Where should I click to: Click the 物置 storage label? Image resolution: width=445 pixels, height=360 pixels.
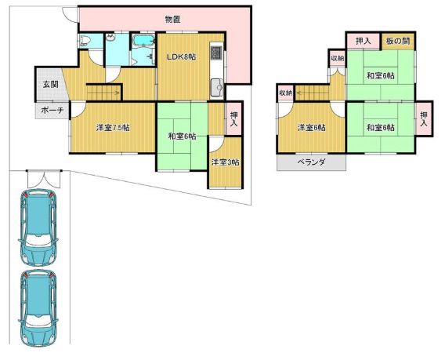(x=173, y=20)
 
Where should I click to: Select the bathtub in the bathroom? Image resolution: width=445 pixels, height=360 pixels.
(x=143, y=40)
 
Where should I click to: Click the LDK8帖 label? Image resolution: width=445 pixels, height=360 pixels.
(x=181, y=56)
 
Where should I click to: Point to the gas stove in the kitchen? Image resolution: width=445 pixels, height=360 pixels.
(x=217, y=53)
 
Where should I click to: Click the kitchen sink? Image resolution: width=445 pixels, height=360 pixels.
(x=218, y=88)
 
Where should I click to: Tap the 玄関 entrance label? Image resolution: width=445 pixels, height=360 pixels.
(x=50, y=85)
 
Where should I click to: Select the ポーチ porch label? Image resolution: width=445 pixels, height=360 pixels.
(x=52, y=111)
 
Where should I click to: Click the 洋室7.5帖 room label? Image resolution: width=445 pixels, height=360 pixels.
(x=113, y=128)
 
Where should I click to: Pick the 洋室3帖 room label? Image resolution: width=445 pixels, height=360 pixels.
(x=225, y=162)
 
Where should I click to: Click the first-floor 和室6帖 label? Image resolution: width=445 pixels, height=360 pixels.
(x=182, y=136)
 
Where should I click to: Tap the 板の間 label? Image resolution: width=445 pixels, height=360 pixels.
(x=398, y=42)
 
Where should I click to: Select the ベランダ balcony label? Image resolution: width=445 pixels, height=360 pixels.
(x=311, y=162)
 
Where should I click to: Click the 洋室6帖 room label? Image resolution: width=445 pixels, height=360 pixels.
(x=311, y=128)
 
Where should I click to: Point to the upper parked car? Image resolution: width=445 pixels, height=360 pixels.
(x=38, y=227)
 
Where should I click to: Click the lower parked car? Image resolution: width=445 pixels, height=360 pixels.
(x=38, y=308)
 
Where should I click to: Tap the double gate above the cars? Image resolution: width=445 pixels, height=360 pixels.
(x=44, y=179)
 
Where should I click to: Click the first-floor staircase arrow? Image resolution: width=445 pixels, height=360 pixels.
(x=104, y=92)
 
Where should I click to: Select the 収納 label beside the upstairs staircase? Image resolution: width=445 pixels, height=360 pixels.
(x=285, y=93)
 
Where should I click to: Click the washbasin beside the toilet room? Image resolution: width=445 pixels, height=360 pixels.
(x=110, y=38)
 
